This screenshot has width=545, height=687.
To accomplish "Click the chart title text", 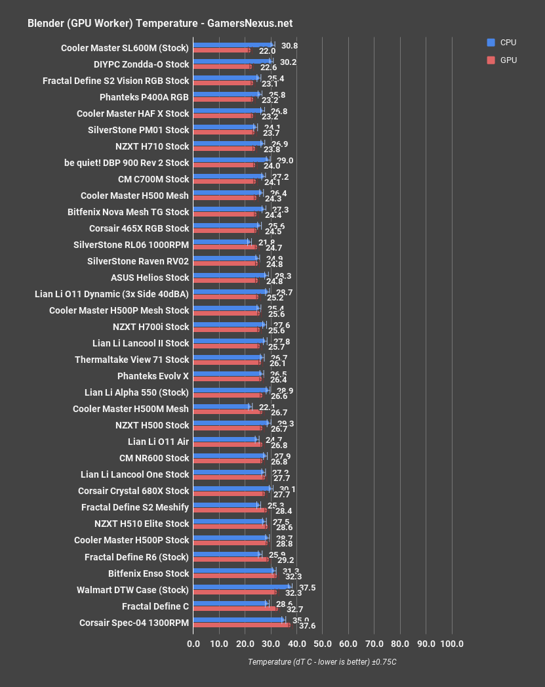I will tap(159, 23).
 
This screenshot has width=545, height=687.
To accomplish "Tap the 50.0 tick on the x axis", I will tap(322, 644).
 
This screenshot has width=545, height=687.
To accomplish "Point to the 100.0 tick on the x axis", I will tap(451, 644).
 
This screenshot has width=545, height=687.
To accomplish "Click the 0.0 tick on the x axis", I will tap(193, 644).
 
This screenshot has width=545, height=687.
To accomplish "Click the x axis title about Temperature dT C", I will tap(322, 662).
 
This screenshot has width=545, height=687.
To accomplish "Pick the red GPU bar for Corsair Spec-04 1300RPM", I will tap(242, 625).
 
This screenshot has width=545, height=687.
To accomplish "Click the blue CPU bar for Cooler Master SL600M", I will tap(233, 45).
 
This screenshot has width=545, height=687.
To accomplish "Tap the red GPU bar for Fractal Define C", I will tap(235, 609).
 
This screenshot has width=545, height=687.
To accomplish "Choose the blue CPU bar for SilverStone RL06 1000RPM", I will tap(222, 242).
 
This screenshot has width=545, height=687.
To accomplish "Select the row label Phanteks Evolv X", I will tap(153, 376).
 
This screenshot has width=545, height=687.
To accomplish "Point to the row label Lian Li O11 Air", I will tap(158, 442).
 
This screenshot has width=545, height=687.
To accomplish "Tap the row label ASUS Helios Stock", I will tap(150, 278).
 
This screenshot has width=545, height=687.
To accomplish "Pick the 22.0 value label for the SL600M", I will tap(267, 51).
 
